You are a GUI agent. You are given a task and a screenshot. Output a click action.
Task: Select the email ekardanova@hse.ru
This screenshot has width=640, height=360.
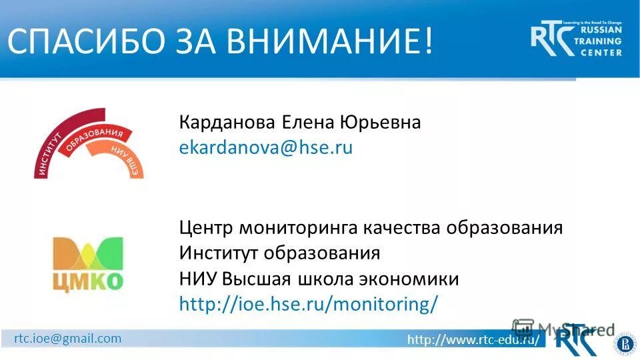265,148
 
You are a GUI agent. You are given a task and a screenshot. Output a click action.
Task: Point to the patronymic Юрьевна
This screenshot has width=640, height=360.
380,123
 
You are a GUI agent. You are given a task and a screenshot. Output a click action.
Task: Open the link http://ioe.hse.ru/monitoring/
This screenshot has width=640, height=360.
309,304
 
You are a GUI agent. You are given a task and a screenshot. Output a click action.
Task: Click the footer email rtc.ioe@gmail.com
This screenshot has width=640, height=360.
68,338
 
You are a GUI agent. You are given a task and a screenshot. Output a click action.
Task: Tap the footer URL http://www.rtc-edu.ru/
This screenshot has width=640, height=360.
473,340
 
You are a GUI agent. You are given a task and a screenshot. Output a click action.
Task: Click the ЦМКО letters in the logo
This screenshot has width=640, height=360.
88,280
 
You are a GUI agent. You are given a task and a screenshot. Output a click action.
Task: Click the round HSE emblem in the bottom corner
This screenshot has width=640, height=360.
625,343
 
